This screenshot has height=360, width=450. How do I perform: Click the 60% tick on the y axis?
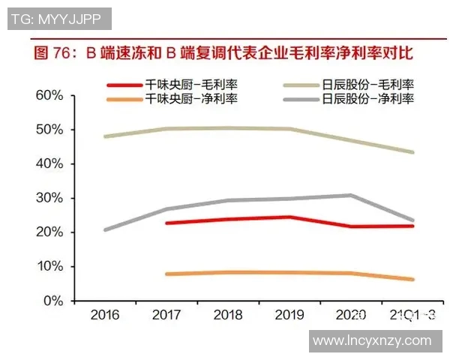pyautogui.click(x=47, y=95)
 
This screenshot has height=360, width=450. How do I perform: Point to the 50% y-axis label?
pyautogui.click(x=47, y=130)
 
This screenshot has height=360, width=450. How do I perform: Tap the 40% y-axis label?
pyautogui.click(x=47, y=163)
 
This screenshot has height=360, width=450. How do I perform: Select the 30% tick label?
pyautogui.click(x=47, y=198)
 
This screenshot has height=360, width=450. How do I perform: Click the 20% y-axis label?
pyautogui.click(x=47, y=232)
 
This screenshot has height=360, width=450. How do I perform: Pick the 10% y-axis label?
pyautogui.click(x=47, y=267)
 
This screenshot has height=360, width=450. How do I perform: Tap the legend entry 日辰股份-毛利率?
pyautogui.click(x=368, y=85)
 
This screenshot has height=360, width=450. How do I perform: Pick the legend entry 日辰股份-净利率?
pyautogui.click(x=368, y=98)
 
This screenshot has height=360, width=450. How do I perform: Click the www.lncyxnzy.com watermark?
pyautogui.click(x=373, y=341)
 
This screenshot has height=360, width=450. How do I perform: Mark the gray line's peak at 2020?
pyautogui.click(x=352, y=195)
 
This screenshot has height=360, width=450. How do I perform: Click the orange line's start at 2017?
pyautogui.click(x=166, y=274)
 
